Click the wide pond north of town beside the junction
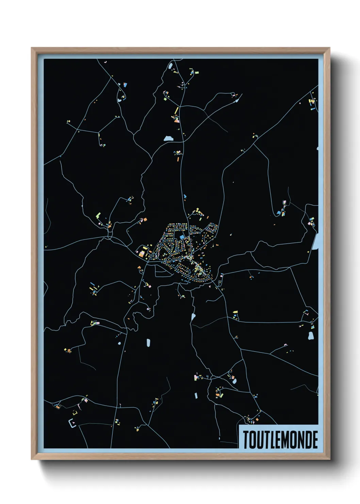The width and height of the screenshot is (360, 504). coord(168,139)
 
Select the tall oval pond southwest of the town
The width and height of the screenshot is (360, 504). coord(148,343)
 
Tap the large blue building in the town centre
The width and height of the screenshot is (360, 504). coord(182,236)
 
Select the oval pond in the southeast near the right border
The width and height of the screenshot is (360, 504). coord(311,336)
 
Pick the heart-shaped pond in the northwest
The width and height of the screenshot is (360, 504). coord(121,99)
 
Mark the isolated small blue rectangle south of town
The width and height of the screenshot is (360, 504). coord(196,395)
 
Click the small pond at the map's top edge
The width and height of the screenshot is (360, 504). coord(170,65)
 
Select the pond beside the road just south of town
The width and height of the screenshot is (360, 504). coord(193,317)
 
